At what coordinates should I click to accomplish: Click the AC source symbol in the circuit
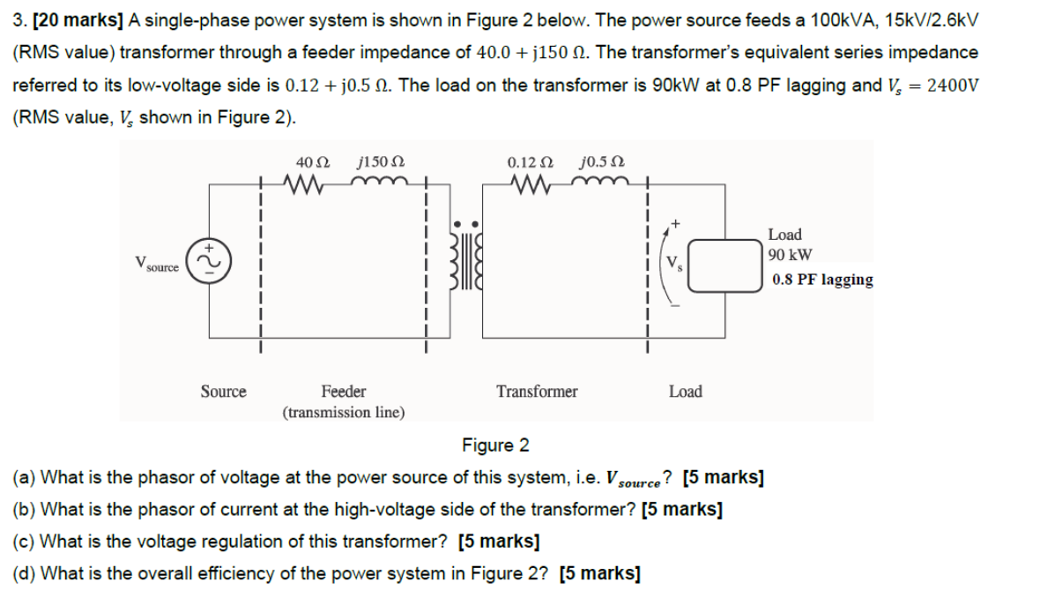[210, 261]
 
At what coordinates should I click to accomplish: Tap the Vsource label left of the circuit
[159, 263]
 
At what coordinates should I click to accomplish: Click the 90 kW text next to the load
[790, 256]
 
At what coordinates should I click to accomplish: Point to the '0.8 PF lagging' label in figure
[822, 280]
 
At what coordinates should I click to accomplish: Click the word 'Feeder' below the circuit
[344, 391]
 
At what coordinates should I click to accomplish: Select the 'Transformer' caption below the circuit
[537, 391]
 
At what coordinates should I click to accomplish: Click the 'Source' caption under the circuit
[223, 391]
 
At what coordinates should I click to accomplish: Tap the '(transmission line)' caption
[344, 412]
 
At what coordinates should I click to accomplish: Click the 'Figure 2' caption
[495, 444]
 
